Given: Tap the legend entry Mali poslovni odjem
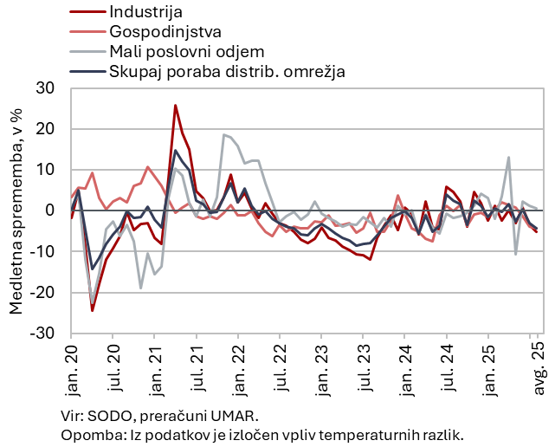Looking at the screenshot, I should tap(187, 51).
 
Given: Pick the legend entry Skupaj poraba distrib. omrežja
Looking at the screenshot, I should tap(228, 71).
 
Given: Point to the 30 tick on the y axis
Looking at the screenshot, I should tap(45, 88).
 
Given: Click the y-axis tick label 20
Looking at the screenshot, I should tap(45, 129).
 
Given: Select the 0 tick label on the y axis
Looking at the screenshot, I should tap(50, 211).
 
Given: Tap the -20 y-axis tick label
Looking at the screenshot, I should tap(42, 292).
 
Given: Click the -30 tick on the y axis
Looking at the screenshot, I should tap(42, 333).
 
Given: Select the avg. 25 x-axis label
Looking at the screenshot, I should tap(537, 362).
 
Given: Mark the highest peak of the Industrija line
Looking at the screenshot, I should tap(175, 106).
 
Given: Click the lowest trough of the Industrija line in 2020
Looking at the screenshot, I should tap(92, 310).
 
